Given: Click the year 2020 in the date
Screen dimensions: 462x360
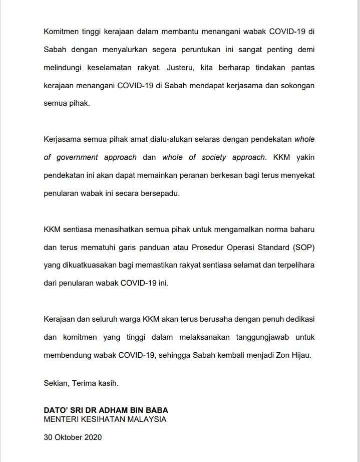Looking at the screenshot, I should tap(92, 437).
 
